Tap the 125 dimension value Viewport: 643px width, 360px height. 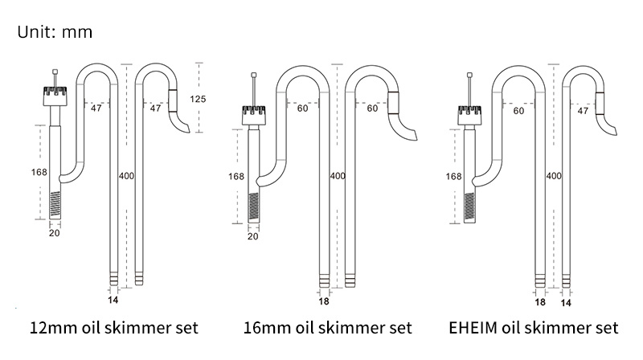pyautogui.click(x=199, y=99)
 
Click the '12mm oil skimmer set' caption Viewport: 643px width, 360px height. pyautogui.click(x=113, y=328)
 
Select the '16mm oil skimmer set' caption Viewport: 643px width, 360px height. pyautogui.click(x=328, y=328)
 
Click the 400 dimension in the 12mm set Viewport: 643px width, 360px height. pyautogui.click(x=127, y=175)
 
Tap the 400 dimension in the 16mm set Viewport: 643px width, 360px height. pyautogui.click(x=338, y=175)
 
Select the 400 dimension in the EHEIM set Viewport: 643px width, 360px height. pyautogui.click(x=554, y=175)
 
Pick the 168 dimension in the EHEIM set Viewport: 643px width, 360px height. pyautogui.click(x=453, y=175)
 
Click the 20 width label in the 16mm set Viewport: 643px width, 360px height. pyautogui.click(x=252, y=236)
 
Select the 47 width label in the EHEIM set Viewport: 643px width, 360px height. pyautogui.click(x=583, y=111)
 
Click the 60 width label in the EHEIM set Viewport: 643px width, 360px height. pyautogui.click(x=518, y=111)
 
